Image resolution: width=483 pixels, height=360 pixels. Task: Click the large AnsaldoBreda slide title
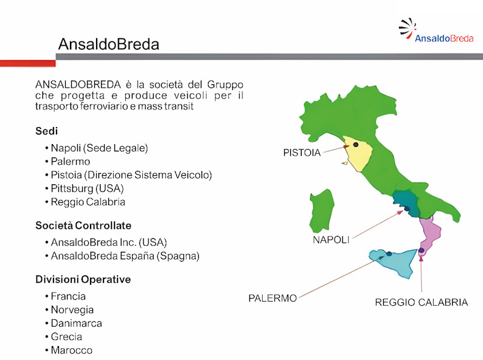pos(109,44)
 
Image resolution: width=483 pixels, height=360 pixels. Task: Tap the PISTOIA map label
pos(302,153)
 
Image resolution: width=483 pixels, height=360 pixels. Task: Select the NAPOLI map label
pos(331,240)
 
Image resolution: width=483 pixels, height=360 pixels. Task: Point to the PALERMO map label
pos(273,298)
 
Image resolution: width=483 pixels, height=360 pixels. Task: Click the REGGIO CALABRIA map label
pos(422,302)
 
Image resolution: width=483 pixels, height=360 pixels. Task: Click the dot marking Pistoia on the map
pos(356,145)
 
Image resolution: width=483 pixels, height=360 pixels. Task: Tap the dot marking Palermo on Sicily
pos(389,254)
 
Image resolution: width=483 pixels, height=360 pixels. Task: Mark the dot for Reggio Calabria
pos(422,251)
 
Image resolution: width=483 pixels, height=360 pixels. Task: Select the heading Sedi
pos(46,131)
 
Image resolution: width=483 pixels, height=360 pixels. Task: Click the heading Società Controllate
pos(83,226)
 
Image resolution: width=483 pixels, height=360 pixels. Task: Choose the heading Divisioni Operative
pos(83,279)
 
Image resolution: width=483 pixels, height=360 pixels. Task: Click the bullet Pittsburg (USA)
pos(87,189)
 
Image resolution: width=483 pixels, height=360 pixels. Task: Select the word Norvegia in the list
pos(72,310)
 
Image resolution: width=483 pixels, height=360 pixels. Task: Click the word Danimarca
pos(77,324)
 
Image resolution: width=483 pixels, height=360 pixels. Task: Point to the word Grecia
pos(66,337)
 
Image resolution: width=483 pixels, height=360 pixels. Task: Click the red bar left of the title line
pos(28,63)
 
